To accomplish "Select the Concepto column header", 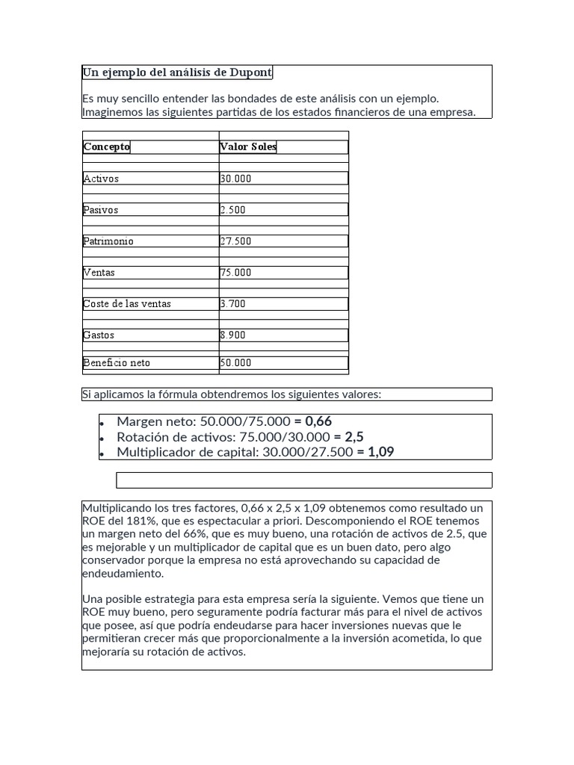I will point(106,146).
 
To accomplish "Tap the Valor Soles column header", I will point(248,146).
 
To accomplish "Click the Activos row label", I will point(101,179).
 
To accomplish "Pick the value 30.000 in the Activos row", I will point(235,179).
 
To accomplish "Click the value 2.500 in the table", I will point(232,210).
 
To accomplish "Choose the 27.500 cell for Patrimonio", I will point(235,241).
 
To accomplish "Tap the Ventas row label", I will point(99,273).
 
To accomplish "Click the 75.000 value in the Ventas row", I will point(235,273).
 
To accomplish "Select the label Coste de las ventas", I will point(127,304).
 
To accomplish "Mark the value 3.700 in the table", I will point(232,304).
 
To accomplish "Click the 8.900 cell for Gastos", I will point(232,335).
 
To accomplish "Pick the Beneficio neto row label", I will point(117,363).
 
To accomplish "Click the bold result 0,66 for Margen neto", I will point(318,421).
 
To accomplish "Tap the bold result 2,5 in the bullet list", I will point(354,437).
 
